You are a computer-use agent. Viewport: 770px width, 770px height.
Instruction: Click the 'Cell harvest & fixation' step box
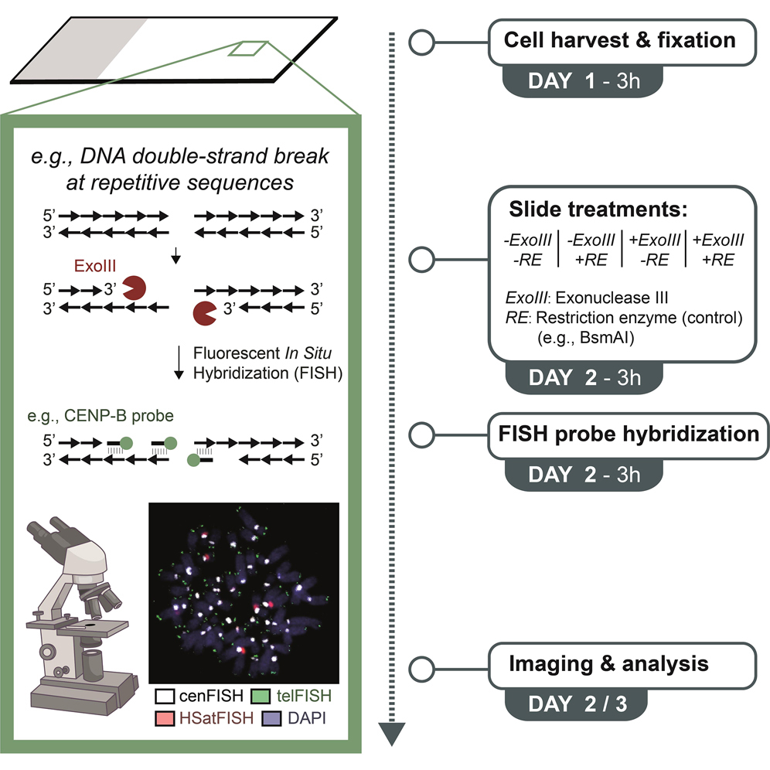click(622, 41)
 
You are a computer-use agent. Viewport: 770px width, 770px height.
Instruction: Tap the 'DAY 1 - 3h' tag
click(582, 81)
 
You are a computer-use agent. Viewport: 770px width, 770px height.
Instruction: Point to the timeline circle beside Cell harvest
click(419, 43)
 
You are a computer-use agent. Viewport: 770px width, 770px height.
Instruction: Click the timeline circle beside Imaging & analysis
click(419, 666)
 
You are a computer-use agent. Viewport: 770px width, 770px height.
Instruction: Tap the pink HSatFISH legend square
click(162, 717)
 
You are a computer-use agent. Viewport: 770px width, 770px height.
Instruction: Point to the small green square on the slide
click(247, 48)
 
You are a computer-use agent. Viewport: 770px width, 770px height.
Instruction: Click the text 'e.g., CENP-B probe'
click(106, 416)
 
